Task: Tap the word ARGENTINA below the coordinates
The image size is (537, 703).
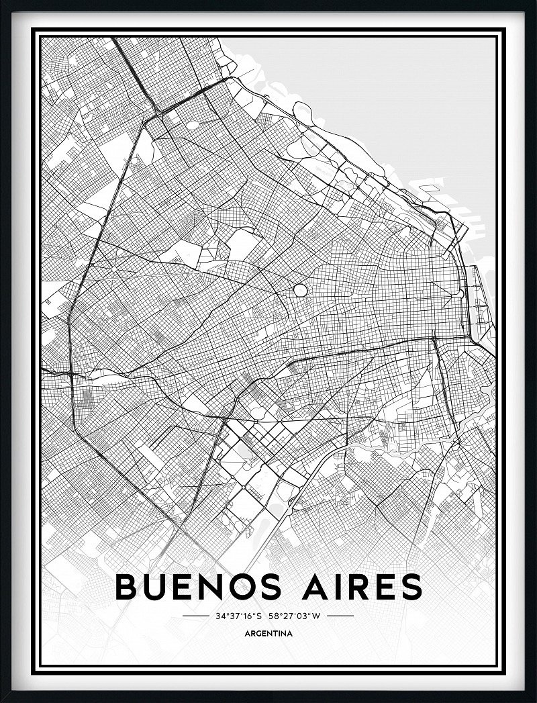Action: click(x=268, y=633)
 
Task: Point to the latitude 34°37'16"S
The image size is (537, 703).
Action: click(x=238, y=615)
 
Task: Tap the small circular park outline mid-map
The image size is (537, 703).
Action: click(x=300, y=291)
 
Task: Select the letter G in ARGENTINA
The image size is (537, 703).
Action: click(x=258, y=633)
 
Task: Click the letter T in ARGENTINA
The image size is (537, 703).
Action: click(x=277, y=633)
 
